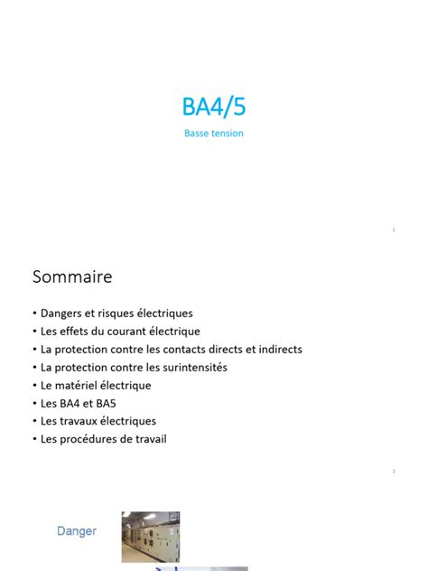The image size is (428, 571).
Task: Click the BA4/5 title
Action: point(213,107)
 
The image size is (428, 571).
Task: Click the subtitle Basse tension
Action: point(213,134)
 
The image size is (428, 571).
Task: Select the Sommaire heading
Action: point(72,276)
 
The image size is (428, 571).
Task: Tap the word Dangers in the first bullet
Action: point(60,314)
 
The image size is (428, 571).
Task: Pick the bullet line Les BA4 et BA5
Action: point(79,404)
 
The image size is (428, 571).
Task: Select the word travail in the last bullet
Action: point(150,439)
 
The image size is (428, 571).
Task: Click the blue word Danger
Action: point(77,531)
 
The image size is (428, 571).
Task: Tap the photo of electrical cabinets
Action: point(151,537)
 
